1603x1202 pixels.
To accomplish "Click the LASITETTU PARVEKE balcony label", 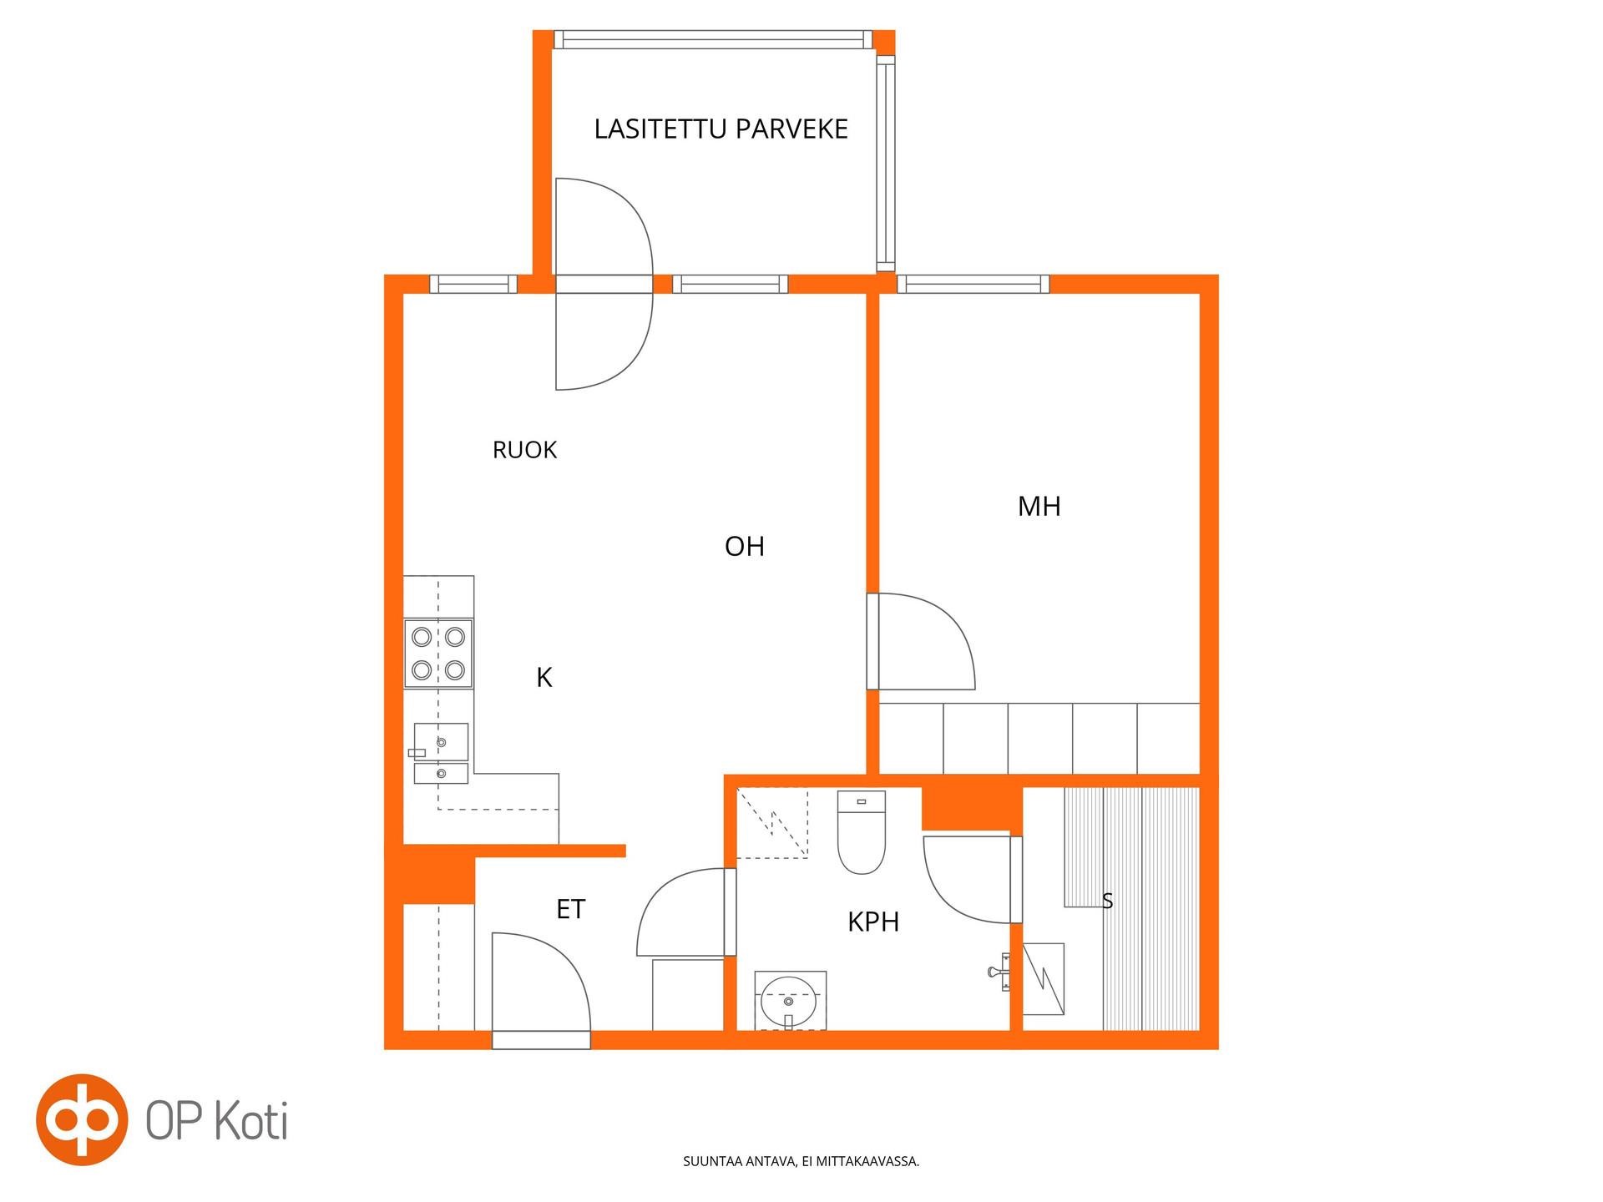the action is point(721,129).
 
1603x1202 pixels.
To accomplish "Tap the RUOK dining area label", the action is point(524,450).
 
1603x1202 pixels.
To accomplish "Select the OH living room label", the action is point(744,546).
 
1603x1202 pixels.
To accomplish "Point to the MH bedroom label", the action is point(1039,506).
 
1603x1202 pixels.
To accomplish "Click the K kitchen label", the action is point(544,677).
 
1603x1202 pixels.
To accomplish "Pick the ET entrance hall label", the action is point(570,909).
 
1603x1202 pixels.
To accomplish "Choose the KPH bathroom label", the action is point(873,922).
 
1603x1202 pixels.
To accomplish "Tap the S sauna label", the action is point(1107,901).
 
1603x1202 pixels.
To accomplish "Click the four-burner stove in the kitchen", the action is point(438,654).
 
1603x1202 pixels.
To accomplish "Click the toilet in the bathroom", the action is point(861,832).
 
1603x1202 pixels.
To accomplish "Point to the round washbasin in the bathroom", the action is point(789,1000).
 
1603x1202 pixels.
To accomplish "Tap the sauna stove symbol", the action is point(1044,978).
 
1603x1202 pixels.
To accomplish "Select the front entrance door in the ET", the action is point(541,990).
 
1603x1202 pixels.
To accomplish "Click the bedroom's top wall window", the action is point(973,285).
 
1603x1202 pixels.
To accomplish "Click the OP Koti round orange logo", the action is point(82,1119).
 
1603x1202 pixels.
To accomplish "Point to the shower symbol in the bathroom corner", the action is point(772,822).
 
